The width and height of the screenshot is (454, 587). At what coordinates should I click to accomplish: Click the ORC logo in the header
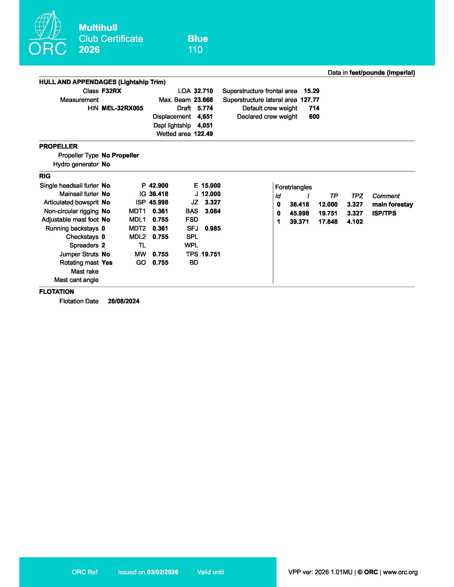(x=48, y=33)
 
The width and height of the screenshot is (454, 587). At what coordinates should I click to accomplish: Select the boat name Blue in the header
(x=198, y=39)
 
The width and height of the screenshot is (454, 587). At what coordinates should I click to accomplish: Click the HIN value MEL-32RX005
(x=122, y=108)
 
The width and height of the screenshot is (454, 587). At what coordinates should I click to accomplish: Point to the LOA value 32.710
(x=203, y=91)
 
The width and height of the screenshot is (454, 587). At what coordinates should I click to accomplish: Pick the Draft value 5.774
(x=205, y=108)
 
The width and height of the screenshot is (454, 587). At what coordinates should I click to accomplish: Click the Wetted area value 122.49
(x=203, y=134)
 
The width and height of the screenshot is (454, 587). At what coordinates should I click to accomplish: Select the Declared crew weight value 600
(x=314, y=117)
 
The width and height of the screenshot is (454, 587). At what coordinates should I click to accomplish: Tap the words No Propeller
(x=120, y=155)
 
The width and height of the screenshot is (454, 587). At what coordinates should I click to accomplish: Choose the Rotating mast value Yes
(x=107, y=263)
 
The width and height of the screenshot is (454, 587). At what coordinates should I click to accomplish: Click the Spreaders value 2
(x=103, y=245)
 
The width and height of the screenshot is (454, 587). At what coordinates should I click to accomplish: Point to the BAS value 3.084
(x=212, y=211)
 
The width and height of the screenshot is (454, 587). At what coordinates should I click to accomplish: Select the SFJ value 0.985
(x=212, y=228)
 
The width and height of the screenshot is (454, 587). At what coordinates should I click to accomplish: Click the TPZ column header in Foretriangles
(x=357, y=196)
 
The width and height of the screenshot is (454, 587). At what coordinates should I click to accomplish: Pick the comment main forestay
(x=392, y=205)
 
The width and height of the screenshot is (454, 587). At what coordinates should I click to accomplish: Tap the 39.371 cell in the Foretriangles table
(x=299, y=222)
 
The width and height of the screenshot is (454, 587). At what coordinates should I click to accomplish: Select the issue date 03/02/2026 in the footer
(x=162, y=572)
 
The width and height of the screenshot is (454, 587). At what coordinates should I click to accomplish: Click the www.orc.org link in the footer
(x=400, y=572)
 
